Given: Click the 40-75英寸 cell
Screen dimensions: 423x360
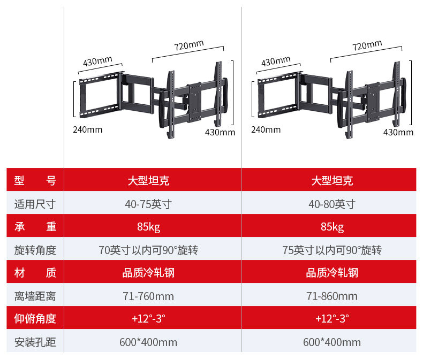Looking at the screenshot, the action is click(148, 204).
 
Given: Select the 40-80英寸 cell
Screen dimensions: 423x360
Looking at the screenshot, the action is click(332, 204).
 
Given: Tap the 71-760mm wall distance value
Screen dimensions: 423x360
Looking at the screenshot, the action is click(148, 296).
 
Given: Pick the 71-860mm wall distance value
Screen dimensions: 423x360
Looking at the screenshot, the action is click(332, 296).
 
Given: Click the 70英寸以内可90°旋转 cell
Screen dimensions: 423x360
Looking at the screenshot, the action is click(148, 250).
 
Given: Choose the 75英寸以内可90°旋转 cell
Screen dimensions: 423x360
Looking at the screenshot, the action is click(332, 250).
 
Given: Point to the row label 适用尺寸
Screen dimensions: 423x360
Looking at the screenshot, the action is click(35, 204).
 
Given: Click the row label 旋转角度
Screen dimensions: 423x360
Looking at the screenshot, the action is click(35, 250).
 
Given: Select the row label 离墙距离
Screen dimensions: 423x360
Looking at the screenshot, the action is click(35, 296).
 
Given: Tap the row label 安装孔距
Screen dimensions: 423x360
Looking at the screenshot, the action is click(35, 342).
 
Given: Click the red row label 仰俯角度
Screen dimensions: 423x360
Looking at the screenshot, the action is click(35, 319).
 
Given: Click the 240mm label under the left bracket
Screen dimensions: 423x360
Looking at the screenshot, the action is click(87, 129).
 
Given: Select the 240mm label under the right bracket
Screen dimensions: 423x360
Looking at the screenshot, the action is click(266, 129).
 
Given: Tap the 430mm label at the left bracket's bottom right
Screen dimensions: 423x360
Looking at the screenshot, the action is click(220, 133).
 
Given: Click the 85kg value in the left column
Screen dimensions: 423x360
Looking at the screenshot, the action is click(148, 227).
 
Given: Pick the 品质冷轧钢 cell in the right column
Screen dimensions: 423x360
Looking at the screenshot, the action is click(332, 273).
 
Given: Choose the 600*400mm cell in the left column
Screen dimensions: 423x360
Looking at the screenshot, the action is click(148, 342).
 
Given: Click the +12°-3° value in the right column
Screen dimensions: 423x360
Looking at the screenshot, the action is click(332, 319).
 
